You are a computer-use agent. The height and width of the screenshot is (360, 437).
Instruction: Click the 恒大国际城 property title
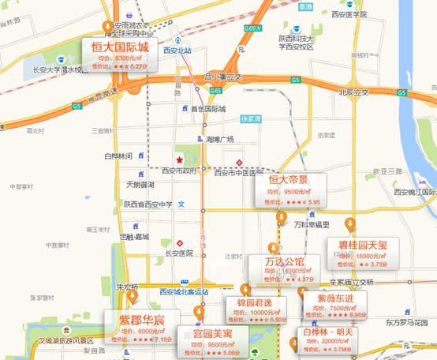(120, 47)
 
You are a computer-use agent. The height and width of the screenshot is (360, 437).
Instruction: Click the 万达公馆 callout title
(274, 261)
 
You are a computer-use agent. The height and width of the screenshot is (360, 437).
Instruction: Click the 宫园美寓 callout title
(201, 334)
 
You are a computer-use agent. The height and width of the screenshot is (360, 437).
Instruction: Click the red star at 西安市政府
(180, 160)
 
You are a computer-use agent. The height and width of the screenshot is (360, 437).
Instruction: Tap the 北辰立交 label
(353, 92)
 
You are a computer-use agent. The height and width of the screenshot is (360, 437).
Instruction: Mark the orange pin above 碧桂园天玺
(350, 224)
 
